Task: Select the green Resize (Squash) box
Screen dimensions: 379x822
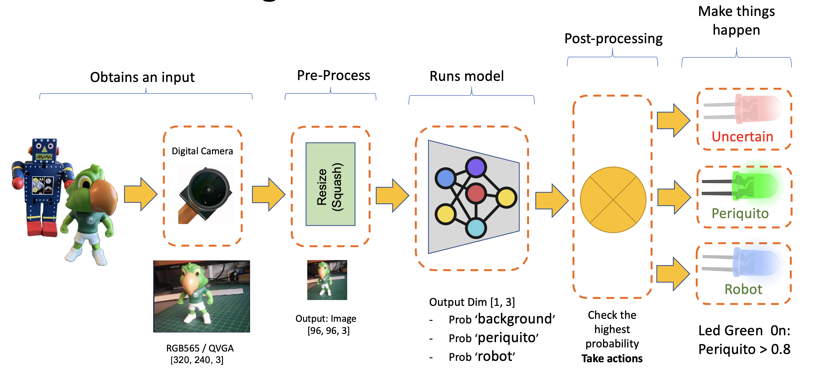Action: (x=330, y=184)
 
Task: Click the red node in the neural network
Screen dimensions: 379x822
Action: (x=475, y=193)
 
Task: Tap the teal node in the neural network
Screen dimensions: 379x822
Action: (x=476, y=228)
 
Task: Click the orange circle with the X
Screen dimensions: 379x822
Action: (x=613, y=200)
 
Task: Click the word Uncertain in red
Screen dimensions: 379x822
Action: (x=742, y=136)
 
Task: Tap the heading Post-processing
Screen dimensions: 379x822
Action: (x=613, y=39)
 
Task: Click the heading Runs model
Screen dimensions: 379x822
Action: (x=467, y=76)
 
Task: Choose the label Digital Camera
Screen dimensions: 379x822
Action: (x=202, y=151)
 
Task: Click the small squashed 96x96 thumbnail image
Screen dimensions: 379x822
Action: (x=327, y=280)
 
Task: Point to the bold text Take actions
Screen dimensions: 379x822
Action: (x=612, y=358)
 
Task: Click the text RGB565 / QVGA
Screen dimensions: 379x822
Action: (x=200, y=348)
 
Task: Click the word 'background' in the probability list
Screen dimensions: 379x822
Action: (x=516, y=319)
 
